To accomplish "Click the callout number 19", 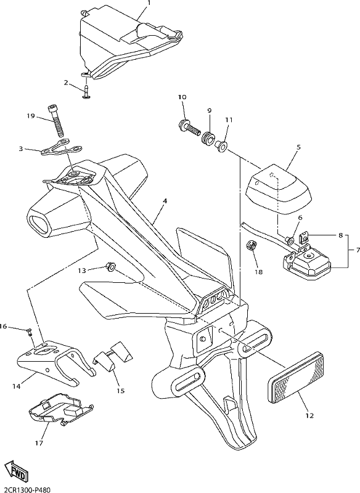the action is (30, 116).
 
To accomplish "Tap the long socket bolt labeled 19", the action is (55, 120).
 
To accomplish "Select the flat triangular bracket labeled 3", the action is (62, 147).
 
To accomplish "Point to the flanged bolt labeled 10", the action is (190, 127).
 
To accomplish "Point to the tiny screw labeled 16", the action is (30, 332).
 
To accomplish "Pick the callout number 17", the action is (39, 444).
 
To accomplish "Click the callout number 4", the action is (165, 201).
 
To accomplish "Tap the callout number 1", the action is (149, 3).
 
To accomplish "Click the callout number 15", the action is (121, 391).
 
